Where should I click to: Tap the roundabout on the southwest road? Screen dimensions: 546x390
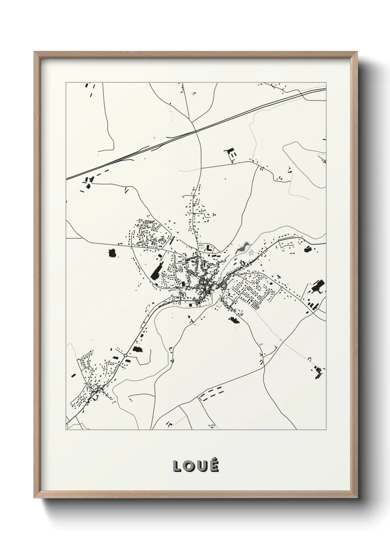click(126, 355)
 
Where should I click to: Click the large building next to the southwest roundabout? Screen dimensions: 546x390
click(137, 349)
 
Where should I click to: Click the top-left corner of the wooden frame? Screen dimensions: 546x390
click(35, 52)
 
